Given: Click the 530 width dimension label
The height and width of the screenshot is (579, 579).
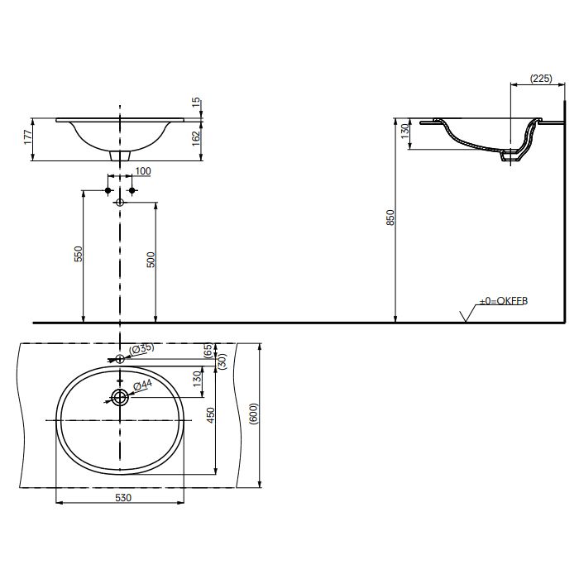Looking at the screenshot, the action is tap(123, 498).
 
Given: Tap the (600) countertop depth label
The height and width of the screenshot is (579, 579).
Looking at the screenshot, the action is tap(254, 414).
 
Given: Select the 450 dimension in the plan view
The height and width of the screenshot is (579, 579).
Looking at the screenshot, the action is tap(210, 415).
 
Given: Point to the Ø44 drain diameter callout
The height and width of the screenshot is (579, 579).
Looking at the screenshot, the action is tap(142, 385).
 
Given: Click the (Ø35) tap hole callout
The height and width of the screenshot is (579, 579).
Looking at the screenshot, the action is tap(141, 348).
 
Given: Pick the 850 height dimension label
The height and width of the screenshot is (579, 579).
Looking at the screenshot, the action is tap(390, 218).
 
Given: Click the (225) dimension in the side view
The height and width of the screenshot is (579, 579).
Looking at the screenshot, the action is tap(541, 79).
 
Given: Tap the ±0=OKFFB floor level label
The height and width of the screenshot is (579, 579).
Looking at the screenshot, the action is tap(503, 301).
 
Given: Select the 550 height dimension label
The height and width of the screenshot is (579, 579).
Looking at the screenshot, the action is tap(79, 254).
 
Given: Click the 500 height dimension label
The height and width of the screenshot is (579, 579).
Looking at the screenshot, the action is tap(151, 260).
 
